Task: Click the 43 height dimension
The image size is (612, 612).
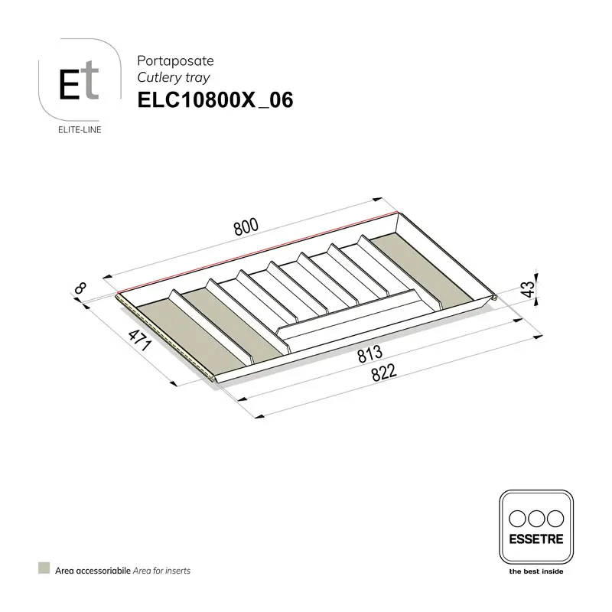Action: (527, 289)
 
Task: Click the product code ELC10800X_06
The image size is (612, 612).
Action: (214, 101)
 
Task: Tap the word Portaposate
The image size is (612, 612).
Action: (169, 59)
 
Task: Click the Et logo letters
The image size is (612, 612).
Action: (80, 84)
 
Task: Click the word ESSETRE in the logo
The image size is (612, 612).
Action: (535, 539)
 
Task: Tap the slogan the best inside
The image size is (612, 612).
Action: (535, 571)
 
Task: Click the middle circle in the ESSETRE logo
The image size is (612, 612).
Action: (535, 517)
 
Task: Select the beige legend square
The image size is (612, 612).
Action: (44, 569)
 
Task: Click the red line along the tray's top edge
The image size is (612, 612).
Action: (260, 251)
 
